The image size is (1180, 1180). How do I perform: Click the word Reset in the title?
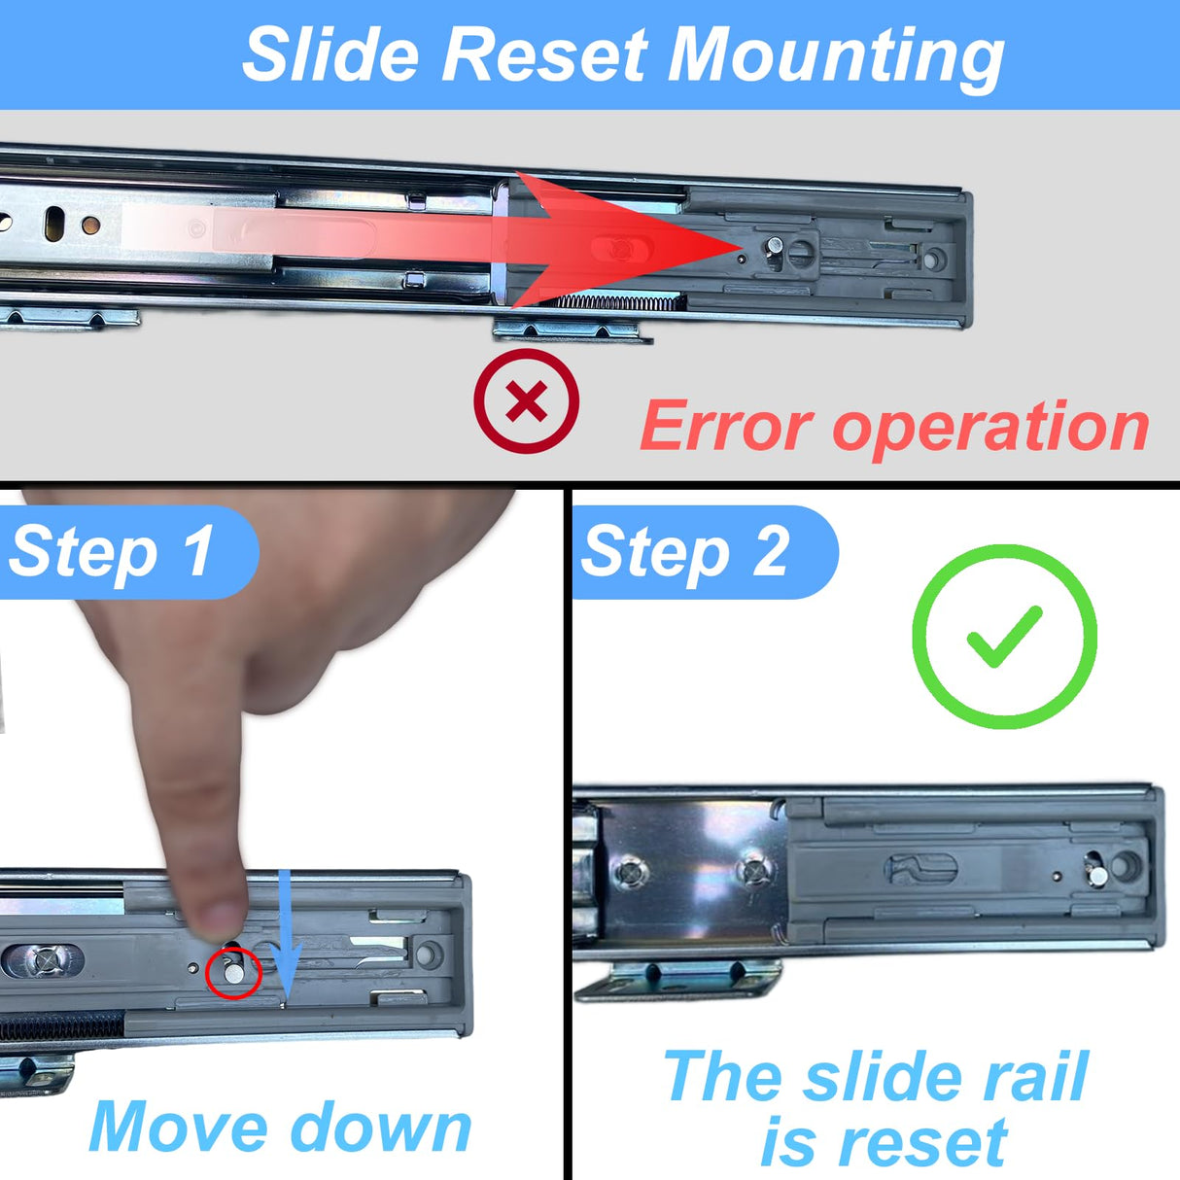click(544, 55)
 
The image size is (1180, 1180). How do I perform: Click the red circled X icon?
click(527, 401)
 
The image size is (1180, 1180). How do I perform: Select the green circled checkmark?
click(1005, 637)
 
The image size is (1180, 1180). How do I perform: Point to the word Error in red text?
click(725, 427)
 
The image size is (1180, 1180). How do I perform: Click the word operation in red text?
click(991, 429)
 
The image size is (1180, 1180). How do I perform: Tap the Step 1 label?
click(112, 552)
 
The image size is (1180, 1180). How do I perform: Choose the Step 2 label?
click(685, 552)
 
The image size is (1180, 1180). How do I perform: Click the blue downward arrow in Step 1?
click(285, 938)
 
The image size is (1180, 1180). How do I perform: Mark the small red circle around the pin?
click(234, 972)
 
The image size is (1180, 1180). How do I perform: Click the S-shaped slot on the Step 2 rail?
click(920, 868)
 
